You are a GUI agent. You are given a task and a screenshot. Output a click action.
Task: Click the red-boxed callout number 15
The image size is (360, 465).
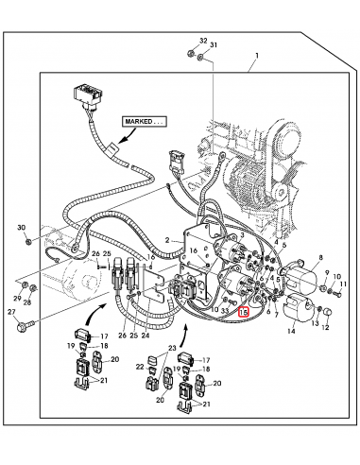click(245, 311)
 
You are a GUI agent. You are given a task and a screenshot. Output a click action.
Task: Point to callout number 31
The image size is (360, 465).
click(214, 45)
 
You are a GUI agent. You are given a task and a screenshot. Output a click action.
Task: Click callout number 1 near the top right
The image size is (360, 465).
click(253, 69)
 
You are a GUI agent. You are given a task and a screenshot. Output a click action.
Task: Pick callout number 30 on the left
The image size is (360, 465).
click(22, 228)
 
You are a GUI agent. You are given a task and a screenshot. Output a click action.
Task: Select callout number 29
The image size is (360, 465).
click(16, 298)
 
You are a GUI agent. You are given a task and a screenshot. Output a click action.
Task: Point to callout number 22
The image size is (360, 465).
click(139, 367)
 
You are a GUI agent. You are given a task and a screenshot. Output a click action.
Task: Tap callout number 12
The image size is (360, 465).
click(327, 326)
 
